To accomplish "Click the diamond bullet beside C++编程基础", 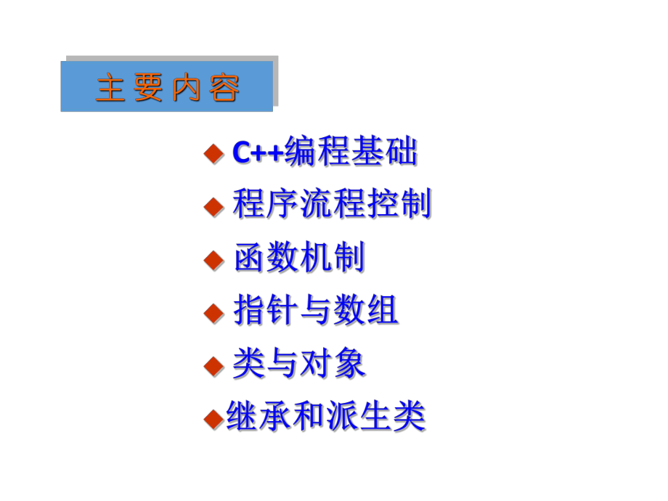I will pos(213,152).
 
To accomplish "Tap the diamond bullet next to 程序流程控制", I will pos(213,206).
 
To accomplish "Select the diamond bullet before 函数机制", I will pos(213,259).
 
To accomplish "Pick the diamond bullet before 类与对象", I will pos(213,365).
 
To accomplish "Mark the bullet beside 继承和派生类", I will pos(213,418).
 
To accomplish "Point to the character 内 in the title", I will pos(186,89).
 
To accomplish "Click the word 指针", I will pos(266,312).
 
